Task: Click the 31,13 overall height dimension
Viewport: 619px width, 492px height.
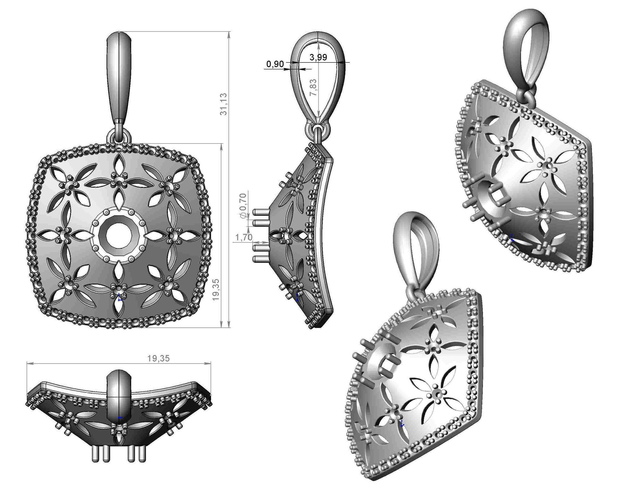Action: pos(223,104)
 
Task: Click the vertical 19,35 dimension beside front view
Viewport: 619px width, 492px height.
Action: pos(216,289)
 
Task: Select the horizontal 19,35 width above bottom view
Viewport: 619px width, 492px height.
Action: pos(158,358)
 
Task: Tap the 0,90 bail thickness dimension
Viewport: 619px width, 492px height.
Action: pos(275,64)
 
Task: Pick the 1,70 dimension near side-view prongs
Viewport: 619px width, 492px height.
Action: pos(244,237)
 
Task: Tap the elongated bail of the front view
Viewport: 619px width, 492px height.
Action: pos(119,77)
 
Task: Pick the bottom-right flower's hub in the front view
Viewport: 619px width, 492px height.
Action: pos(167,285)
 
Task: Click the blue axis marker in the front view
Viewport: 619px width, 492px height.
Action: pos(120,297)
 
